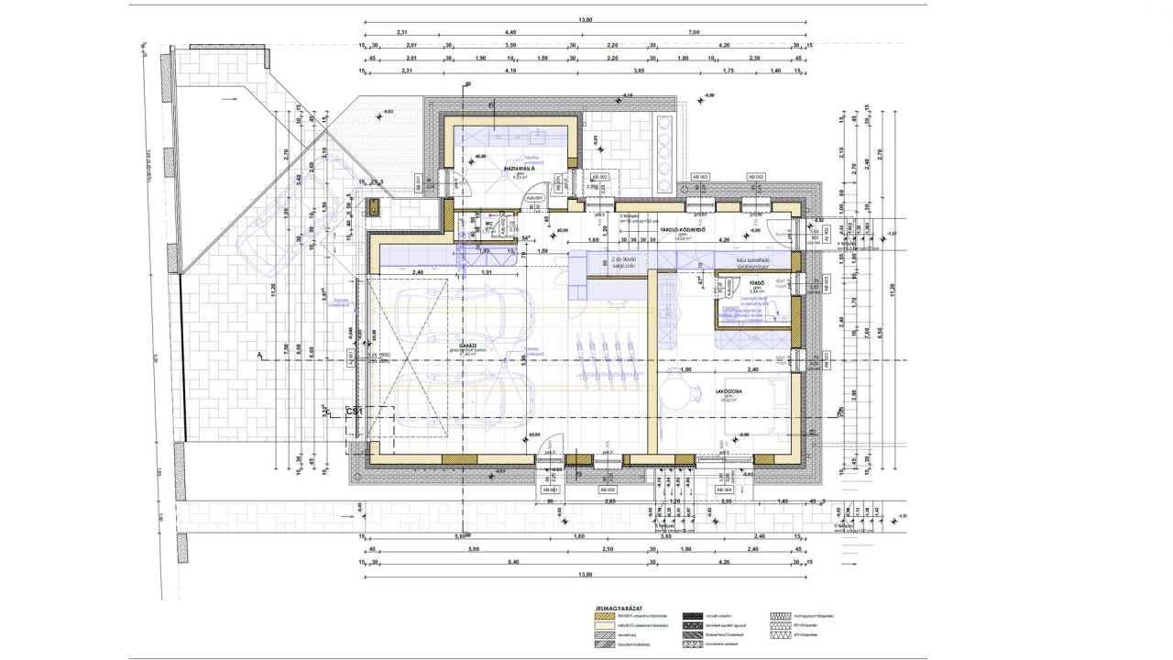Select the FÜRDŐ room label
coord(730,283)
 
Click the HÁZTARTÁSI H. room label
coord(519,170)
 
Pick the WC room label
coord(489,221)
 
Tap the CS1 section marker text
coord(354,413)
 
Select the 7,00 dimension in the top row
coord(693,32)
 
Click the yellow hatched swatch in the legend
coord(602,616)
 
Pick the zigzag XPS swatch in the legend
coord(780,634)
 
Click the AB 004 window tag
coord(724,489)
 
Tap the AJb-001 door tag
coord(534,197)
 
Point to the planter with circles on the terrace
coord(667,151)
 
